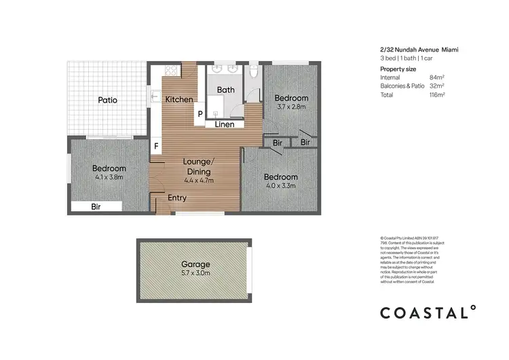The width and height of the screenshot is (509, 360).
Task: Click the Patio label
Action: [107, 100]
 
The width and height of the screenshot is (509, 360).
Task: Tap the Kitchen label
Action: [179, 99]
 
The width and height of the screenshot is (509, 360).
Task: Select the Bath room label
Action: [225, 90]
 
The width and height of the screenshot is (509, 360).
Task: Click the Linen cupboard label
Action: [225, 124]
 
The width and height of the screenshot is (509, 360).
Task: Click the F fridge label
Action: [156, 146]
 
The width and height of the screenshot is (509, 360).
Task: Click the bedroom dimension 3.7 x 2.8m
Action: [292, 107]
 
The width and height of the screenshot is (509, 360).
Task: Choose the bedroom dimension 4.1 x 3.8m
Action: [109, 178]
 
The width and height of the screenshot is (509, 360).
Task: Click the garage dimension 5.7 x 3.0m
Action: [195, 273]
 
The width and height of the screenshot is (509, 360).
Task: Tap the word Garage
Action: [195, 264]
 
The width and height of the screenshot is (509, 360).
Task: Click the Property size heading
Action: [398, 69]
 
